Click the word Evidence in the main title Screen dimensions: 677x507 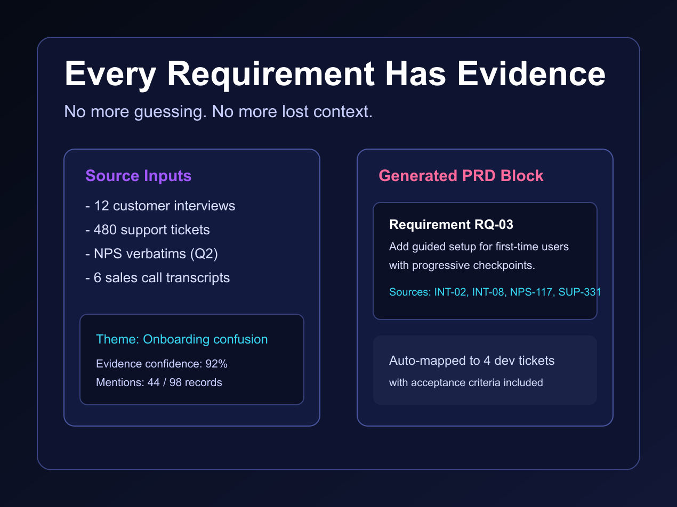pyautogui.click(x=531, y=74)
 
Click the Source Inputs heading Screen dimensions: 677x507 pyautogui.click(x=139, y=176)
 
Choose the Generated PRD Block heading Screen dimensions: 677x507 pyautogui.click(x=461, y=176)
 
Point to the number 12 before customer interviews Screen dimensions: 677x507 pyautogui.click(x=101, y=206)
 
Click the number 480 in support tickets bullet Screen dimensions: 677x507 pyautogui.click(x=105, y=230)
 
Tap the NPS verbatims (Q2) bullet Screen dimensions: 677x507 pyautogui.click(x=151, y=254)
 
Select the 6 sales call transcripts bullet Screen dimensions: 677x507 pyautogui.click(x=158, y=278)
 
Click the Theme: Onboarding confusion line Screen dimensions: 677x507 pyautogui.click(x=182, y=339)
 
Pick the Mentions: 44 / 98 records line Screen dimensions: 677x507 pyautogui.click(x=159, y=382)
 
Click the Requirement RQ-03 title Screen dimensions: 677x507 pyautogui.click(x=451, y=225)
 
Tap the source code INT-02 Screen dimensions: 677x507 pyautogui.click(x=451, y=292)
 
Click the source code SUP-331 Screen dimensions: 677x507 pyautogui.click(x=579, y=292)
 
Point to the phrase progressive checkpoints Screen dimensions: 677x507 pyautogui.click(x=473, y=266)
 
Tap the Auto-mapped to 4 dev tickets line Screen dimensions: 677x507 pyautogui.click(x=472, y=361)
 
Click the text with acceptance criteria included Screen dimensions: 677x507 pyautogui.click(x=466, y=382)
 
